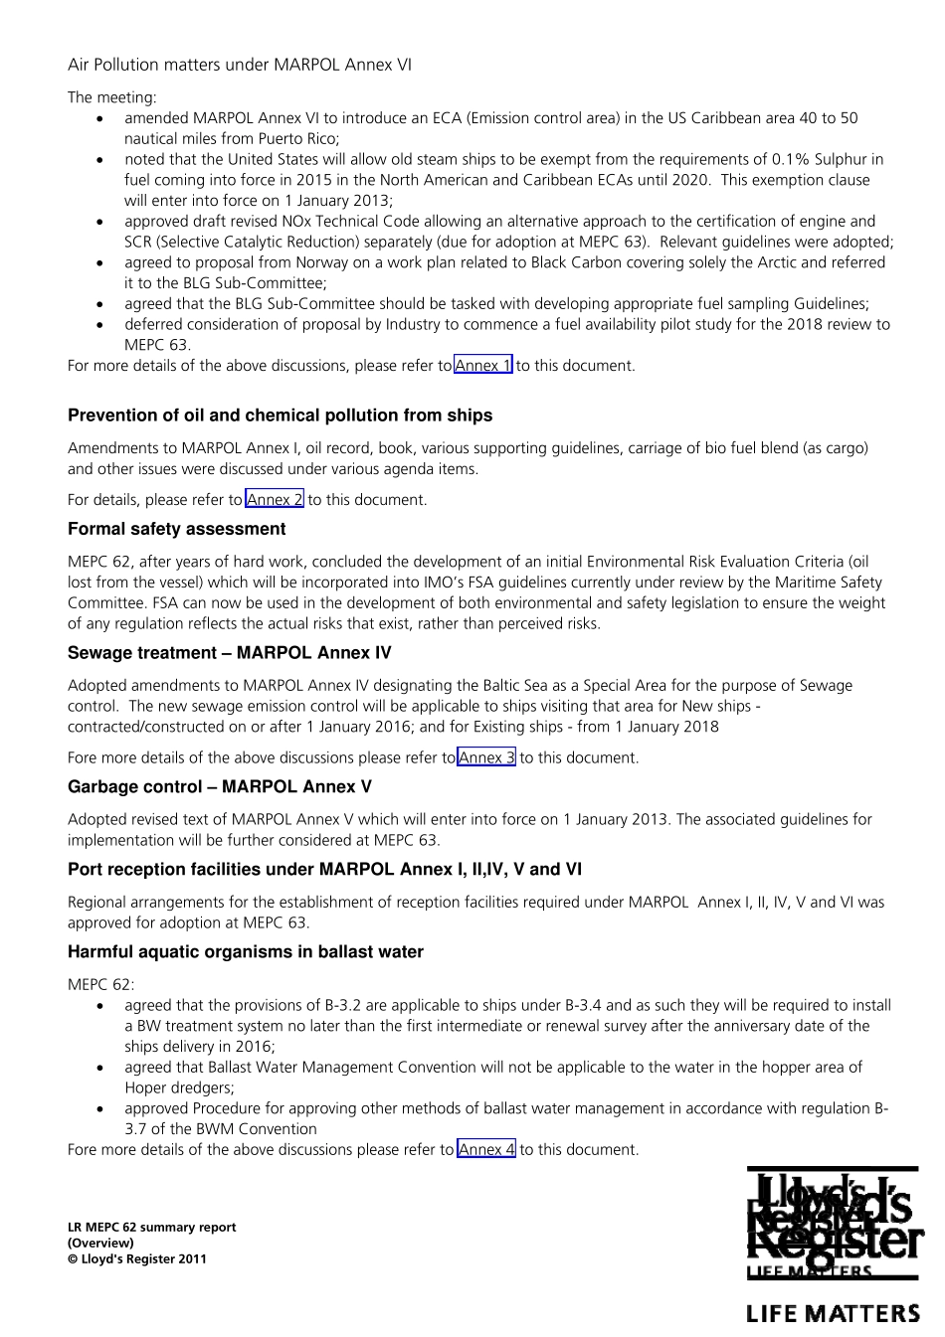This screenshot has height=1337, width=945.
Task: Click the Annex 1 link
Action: [483, 366]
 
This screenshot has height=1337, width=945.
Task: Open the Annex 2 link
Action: [275, 500]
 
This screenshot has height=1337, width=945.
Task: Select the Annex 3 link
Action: [486, 757]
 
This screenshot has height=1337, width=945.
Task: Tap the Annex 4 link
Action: [486, 1150]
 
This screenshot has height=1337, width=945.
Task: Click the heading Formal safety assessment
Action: [176, 530]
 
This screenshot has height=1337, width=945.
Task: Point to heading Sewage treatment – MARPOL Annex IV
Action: [229, 653]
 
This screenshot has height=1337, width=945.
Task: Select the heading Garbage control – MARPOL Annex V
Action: [219, 787]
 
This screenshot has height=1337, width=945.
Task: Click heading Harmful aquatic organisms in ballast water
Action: [245, 952]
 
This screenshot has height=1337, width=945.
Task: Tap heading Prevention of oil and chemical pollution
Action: [280, 416]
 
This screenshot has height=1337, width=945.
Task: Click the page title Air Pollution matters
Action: [239, 66]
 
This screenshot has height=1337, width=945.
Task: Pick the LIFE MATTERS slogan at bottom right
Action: [833, 1314]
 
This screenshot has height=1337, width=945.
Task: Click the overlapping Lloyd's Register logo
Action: [833, 1223]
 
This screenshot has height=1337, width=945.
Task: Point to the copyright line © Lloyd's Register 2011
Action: [137, 1259]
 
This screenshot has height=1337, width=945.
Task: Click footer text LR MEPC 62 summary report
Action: [151, 1228]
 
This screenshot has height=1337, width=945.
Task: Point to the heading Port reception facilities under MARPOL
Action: [324, 870]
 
